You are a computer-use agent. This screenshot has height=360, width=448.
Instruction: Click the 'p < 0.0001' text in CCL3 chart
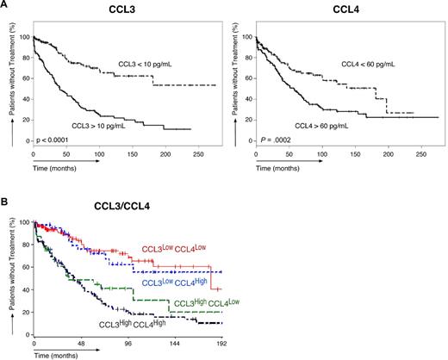59,139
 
